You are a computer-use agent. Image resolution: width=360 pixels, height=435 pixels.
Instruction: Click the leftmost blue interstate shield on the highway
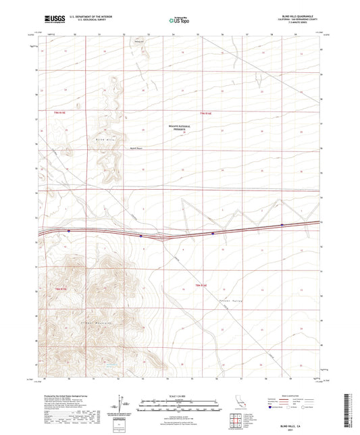68,230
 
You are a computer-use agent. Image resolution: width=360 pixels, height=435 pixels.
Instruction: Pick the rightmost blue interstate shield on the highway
282,225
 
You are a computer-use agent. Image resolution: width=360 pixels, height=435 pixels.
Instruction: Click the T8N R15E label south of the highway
60,288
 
